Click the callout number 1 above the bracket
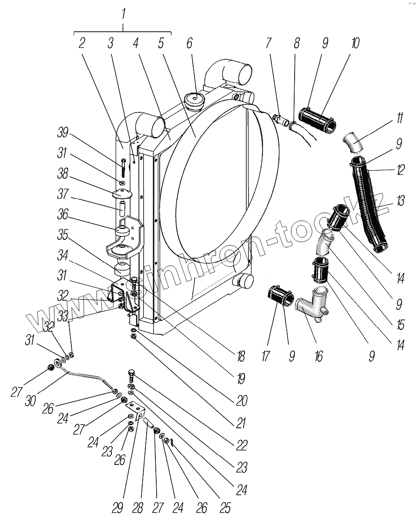click(x=123, y=14)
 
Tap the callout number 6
click(x=189, y=43)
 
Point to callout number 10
click(x=356, y=43)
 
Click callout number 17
click(x=266, y=357)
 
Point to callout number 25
click(x=225, y=507)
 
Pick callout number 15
click(x=401, y=325)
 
